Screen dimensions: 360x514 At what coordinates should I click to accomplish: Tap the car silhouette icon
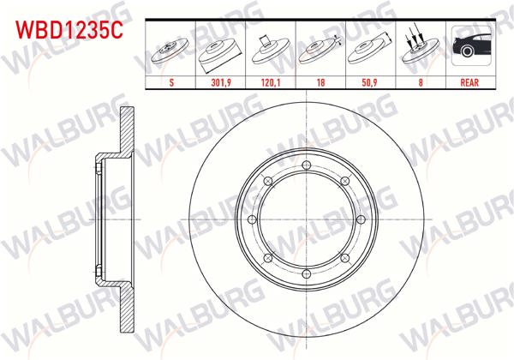pos(469,48)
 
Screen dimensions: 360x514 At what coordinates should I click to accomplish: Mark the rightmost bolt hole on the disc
pos(362,219)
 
